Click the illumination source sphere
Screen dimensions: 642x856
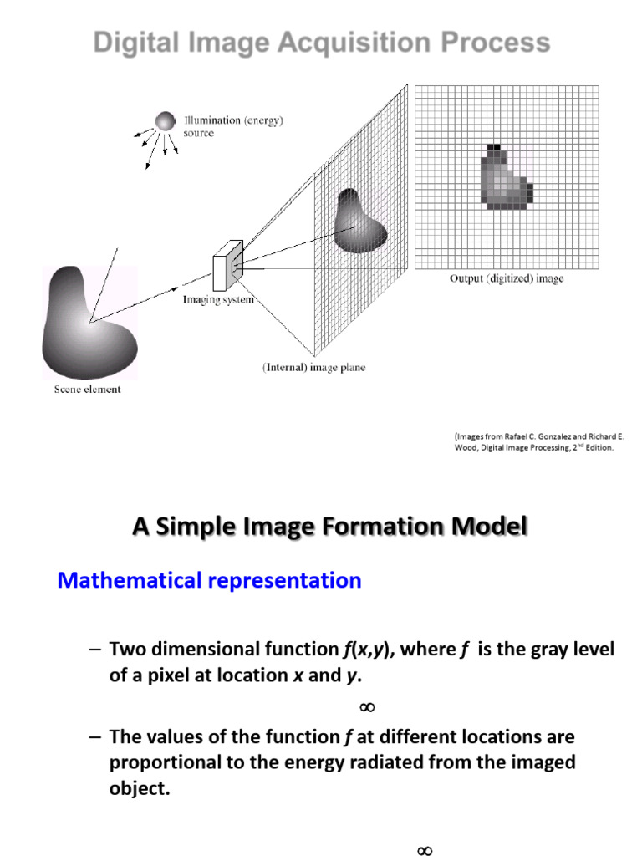click(166, 121)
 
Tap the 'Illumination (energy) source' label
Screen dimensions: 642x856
click(233, 126)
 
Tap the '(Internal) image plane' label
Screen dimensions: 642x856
click(314, 367)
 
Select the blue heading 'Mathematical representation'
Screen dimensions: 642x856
click(209, 580)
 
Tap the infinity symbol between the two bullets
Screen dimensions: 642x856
click(365, 707)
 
